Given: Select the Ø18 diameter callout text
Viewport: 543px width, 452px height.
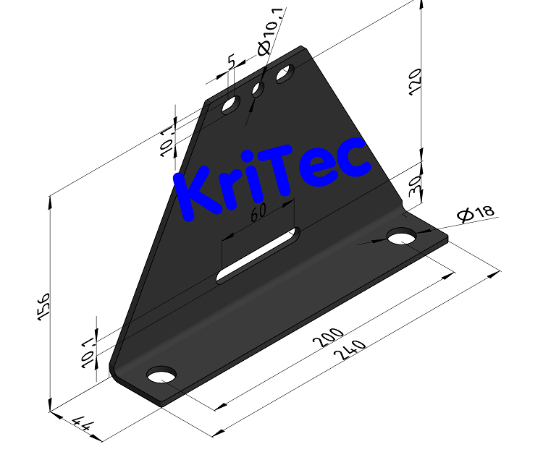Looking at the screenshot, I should pos(476,213).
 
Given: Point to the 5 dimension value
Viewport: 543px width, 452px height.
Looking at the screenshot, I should pos(231,62).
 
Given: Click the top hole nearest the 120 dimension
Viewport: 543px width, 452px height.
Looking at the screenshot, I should pos(285,74).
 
